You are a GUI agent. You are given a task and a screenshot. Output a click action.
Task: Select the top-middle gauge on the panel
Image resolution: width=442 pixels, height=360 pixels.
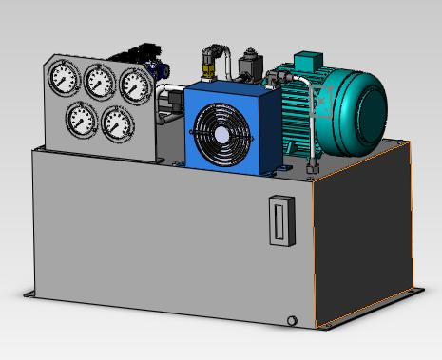100,82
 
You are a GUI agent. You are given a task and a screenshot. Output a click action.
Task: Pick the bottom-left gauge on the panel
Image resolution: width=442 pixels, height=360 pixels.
82,118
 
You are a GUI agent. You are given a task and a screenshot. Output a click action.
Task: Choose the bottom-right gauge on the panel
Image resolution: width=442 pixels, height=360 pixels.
117,122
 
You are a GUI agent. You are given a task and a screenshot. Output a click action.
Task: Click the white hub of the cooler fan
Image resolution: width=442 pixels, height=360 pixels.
223,136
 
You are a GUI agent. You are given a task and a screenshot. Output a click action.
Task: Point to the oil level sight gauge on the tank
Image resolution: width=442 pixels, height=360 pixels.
278,219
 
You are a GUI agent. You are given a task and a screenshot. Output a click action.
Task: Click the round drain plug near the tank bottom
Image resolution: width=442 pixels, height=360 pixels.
292,320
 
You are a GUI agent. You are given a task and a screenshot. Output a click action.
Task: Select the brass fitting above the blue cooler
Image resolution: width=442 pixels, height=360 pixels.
208,69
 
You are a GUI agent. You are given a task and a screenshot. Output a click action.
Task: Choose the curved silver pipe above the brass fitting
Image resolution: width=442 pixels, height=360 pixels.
218,47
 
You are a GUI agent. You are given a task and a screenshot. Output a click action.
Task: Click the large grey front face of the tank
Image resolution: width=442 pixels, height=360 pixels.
162,237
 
